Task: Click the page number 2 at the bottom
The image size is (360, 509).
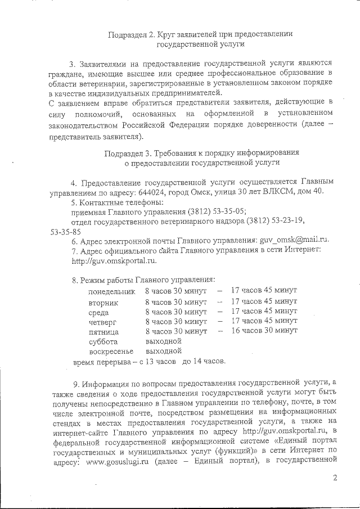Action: tap(335, 478)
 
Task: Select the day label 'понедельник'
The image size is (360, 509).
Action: tap(112, 291)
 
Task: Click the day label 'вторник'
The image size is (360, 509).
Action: tap(103, 302)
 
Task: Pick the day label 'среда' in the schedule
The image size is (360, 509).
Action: tap(99, 312)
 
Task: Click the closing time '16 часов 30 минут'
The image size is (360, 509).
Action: tap(264, 331)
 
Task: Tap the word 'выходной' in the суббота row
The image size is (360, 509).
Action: tap(163, 341)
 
